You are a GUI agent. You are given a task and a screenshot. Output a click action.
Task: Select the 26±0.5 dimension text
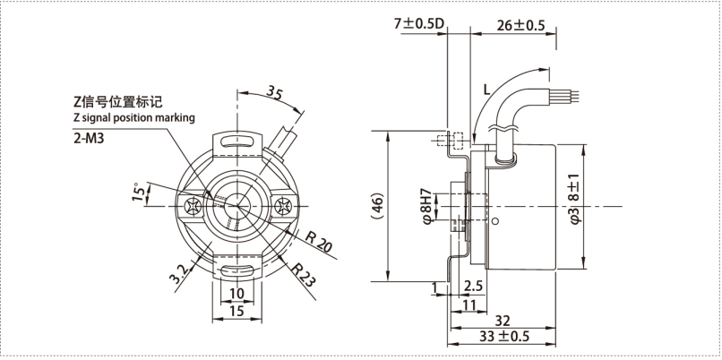click(520, 25)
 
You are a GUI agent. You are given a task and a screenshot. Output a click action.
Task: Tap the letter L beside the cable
click(486, 89)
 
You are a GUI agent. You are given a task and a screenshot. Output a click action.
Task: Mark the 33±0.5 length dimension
click(504, 337)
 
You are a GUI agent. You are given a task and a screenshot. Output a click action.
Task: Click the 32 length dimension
click(504, 320)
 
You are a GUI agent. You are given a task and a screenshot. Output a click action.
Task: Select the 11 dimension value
click(468, 304)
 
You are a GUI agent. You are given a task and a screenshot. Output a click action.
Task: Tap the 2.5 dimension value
click(473, 286)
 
